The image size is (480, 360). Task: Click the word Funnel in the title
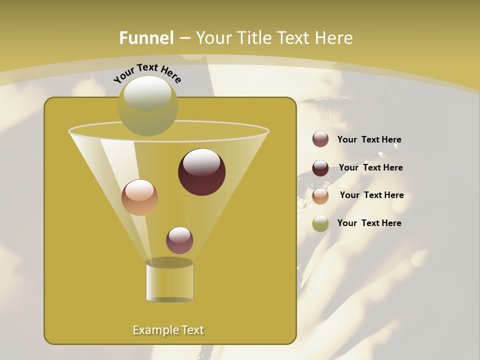146,38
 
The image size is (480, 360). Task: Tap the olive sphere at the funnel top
148,105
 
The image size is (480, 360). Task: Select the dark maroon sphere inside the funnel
201,172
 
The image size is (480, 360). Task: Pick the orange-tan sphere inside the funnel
139,197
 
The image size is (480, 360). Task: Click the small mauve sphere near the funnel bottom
179,240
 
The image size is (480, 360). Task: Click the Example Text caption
168,330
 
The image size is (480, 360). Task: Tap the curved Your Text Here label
147,73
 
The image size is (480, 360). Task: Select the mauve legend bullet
320,139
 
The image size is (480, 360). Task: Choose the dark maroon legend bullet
320,168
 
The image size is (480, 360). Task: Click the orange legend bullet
320,196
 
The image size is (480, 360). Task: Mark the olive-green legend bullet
320,223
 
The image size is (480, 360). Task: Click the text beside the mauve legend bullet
369,139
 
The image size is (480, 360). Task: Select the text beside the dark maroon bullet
370,167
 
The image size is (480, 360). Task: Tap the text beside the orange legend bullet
371,195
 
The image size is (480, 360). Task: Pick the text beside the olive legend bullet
369,223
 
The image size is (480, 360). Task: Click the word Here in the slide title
333,38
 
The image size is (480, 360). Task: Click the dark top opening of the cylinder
169,262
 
